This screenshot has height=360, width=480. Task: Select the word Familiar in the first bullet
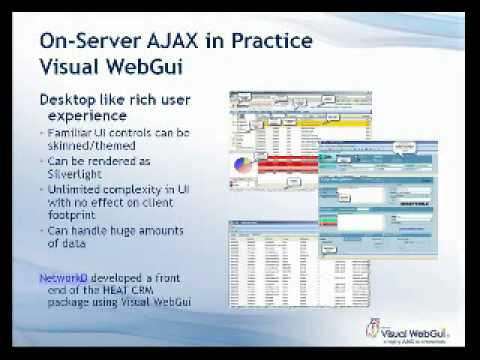point(70,133)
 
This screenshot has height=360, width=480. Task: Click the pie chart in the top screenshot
point(244,165)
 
